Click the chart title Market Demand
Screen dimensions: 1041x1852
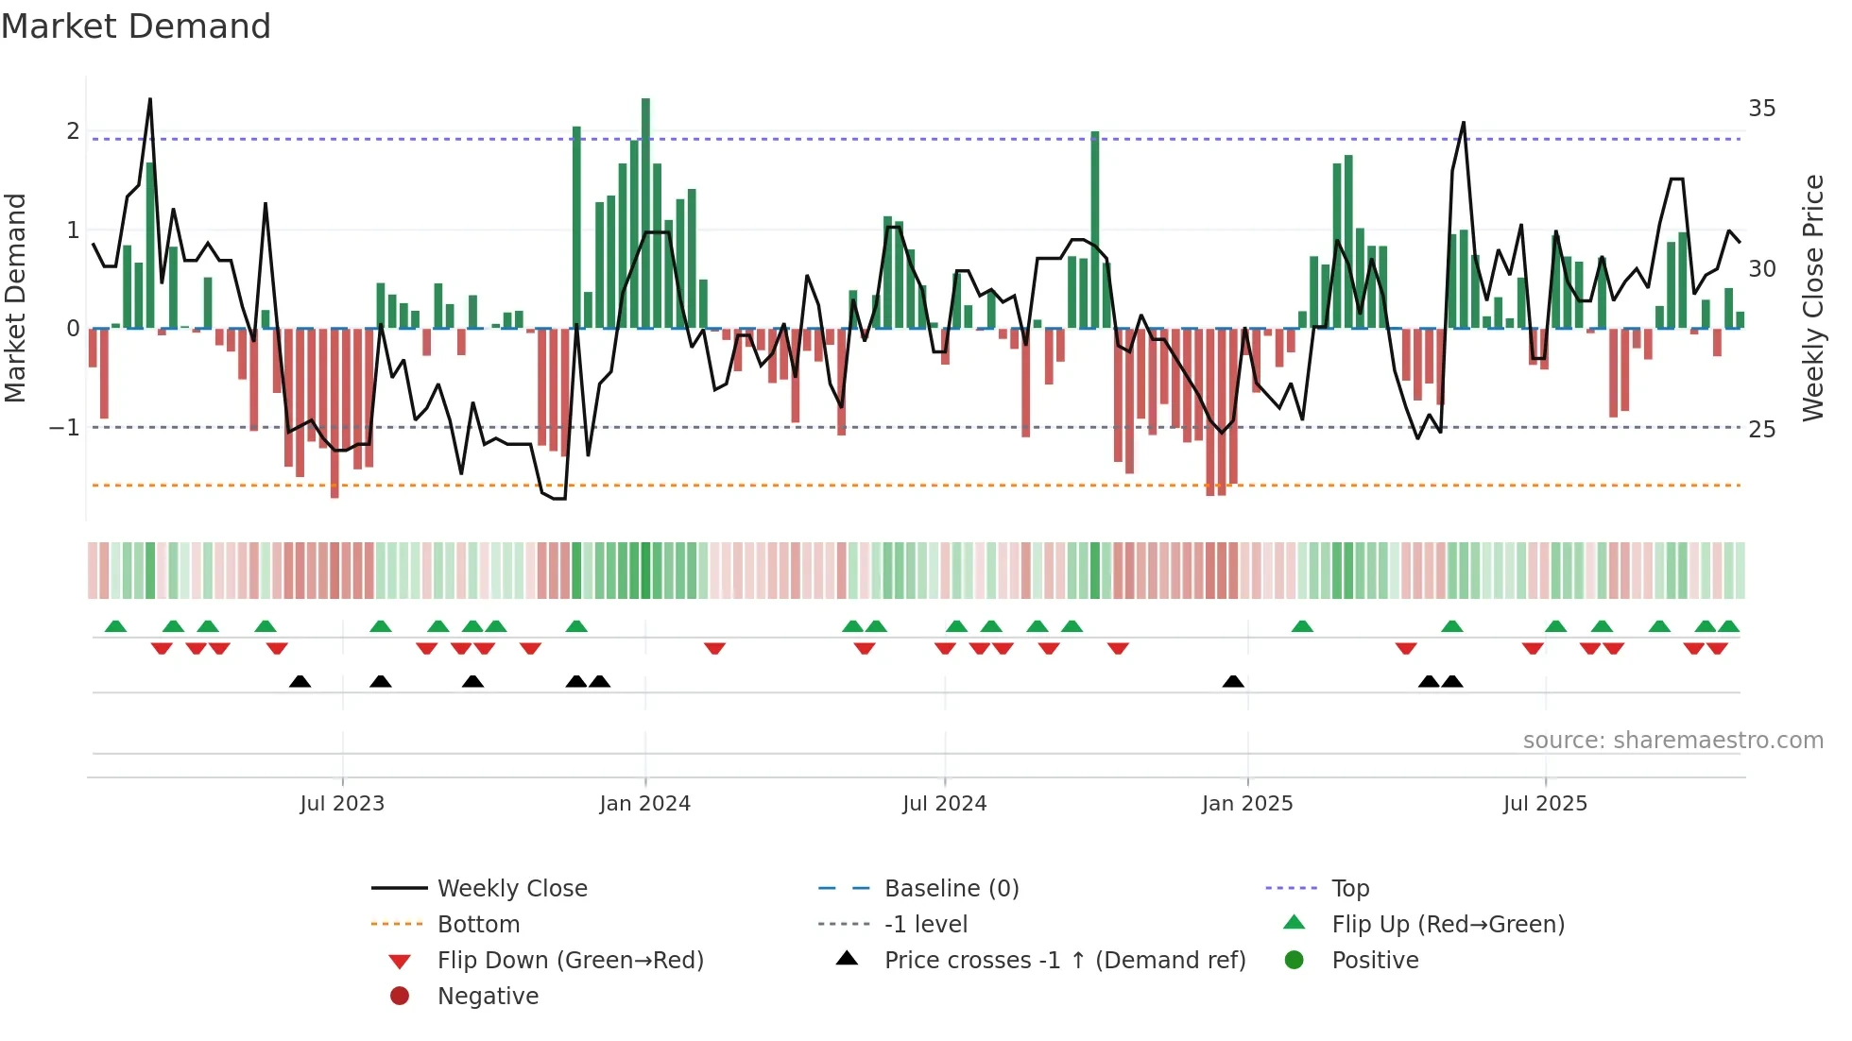[136, 26]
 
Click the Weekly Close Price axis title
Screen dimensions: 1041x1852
[1812, 298]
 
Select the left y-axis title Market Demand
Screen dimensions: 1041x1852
[16, 298]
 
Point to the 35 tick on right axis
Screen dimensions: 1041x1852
[1761, 109]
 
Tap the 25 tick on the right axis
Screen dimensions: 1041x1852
[1761, 430]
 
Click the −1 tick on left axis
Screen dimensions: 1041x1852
[64, 428]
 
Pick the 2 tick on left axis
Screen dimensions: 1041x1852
[73, 131]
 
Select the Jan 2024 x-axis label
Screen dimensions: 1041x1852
[644, 804]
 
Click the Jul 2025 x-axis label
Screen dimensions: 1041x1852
[1545, 804]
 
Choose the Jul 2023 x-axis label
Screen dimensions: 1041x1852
[342, 804]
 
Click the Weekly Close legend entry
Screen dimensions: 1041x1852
[511, 889]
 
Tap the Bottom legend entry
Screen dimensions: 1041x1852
[478, 925]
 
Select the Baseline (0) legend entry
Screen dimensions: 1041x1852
[951, 889]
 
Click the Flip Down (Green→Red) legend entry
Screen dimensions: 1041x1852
[570, 961]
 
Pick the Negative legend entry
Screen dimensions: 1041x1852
[488, 997]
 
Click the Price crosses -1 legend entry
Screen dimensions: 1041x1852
[1064, 961]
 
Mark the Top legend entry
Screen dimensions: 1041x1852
[1349, 889]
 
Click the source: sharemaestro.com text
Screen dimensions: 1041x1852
[1672, 741]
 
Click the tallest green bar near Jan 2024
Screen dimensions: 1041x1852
[645, 213]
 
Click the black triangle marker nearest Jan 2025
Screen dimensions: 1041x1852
[1233, 681]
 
